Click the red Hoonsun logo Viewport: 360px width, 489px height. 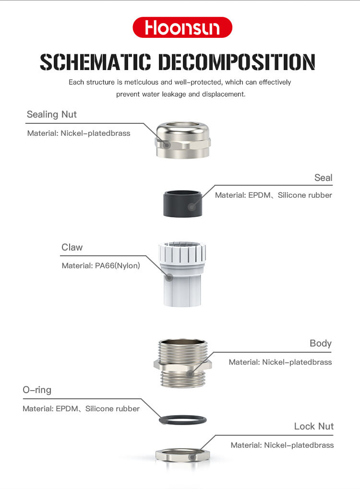click(182, 27)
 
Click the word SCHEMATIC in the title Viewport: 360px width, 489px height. click(96, 62)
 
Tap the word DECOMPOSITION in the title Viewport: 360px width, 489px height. click(237, 62)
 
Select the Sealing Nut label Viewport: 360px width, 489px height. click(51, 115)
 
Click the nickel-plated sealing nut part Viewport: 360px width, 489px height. click(183, 140)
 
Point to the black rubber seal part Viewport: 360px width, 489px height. click(182, 203)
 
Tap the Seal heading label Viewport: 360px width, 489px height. click(323, 178)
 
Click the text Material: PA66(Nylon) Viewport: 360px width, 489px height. click(101, 266)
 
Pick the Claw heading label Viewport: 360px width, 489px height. click(72, 247)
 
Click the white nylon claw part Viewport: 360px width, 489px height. click(182, 274)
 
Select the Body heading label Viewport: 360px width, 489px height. click(320, 344)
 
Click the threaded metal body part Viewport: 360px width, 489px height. click(183, 363)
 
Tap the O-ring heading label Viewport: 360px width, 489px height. click(37, 390)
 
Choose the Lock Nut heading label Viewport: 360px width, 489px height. click(314, 426)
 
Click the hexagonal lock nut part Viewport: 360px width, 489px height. click(183, 455)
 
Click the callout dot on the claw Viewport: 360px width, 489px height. click(169, 277)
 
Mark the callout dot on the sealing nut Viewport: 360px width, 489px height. click(167, 145)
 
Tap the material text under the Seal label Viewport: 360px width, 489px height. click(274, 195)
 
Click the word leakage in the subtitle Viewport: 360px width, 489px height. click(174, 94)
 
